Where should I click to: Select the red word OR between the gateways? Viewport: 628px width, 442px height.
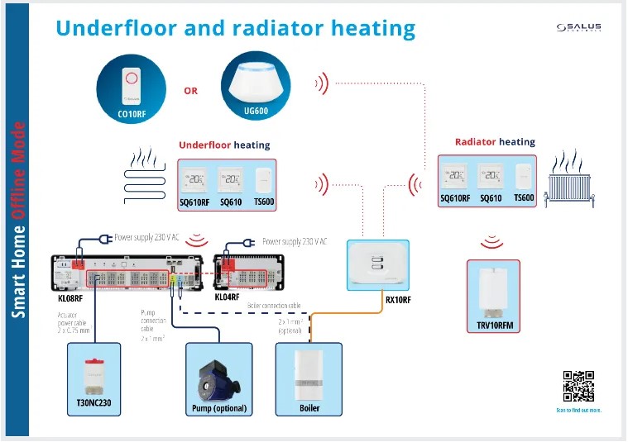[x=190, y=91]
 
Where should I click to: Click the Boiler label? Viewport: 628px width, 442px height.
[x=308, y=408]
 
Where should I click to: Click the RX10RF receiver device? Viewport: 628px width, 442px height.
[x=377, y=263]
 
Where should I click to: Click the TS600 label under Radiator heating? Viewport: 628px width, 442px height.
[x=525, y=198]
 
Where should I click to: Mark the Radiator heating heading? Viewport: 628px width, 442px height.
[x=495, y=142]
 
